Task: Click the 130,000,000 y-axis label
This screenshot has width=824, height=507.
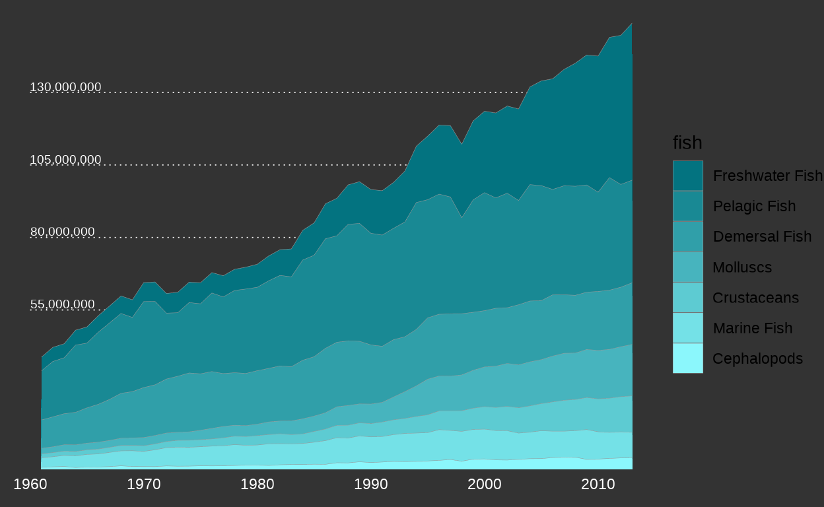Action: (x=65, y=87)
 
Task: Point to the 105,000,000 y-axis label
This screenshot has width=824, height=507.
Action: (x=65, y=160)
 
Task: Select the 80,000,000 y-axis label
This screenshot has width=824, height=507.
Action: (x=63, y=232)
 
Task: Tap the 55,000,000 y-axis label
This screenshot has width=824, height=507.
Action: (x=63, y=304)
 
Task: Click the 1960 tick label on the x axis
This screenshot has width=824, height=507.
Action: (x=30, y=484)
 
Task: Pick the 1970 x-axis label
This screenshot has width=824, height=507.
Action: (x=144, y=484)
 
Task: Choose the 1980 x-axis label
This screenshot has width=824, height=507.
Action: (x=257, y=484)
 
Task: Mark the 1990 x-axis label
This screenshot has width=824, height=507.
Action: (x=371, y=484)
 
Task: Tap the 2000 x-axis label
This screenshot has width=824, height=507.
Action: (x=485, y=484)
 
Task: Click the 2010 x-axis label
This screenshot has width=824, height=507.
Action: (x=598, y=484)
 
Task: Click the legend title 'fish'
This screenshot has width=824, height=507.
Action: (x=687, y=143)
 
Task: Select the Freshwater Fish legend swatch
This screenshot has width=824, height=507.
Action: (x=688, y=176)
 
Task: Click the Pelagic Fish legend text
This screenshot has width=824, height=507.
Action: (x=754, y=207)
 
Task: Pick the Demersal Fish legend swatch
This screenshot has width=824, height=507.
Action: (x=688, y=236)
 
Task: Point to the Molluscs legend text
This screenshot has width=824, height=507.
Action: (x=742, y=267)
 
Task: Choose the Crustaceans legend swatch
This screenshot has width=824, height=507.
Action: (x=688, y=298)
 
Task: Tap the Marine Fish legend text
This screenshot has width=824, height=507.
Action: (x=753, y=328)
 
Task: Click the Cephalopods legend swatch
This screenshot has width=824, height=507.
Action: (x=688, y=358)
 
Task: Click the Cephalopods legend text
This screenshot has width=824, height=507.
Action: (x=758, y=358)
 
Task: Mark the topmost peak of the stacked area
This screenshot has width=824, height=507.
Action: (x=632, y=23)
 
